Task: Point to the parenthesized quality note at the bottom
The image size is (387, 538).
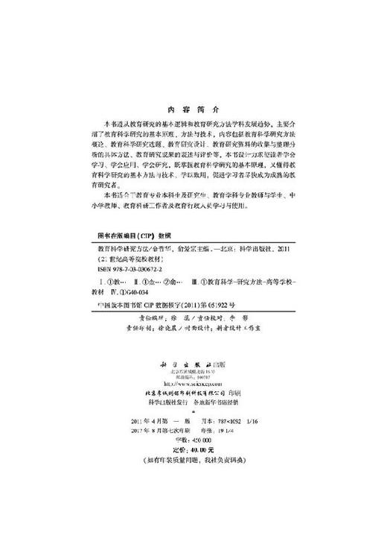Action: pos(193,460)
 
